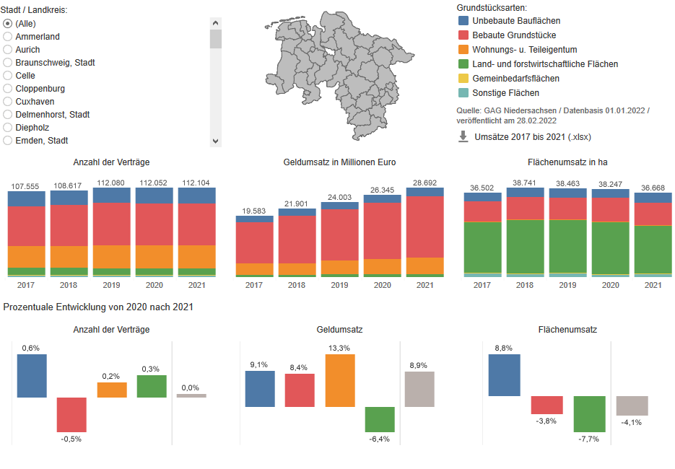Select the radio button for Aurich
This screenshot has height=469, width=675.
point(8,50)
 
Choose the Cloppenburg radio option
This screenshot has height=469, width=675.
point(8,89)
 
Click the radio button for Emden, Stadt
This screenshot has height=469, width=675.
point(8,141)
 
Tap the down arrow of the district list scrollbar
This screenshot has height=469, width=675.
point(215,141)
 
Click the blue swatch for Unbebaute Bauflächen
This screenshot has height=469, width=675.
point(463,21)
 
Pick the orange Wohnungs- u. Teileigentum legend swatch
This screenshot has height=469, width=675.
point(463,50)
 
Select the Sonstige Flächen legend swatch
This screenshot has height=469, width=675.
point(463,93)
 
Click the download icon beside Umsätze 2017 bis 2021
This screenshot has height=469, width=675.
point(463,136)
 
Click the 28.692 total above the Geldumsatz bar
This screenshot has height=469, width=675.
point(424,183)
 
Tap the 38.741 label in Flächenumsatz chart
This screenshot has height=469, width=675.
point(524,183)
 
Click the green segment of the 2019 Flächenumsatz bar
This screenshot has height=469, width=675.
point(567,245)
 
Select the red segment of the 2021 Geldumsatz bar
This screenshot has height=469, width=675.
point(424,227)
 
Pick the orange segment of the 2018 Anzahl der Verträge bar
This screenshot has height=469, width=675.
point(69,256)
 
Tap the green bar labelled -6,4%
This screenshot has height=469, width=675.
point(380,419)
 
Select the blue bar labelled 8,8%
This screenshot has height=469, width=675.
point(504,374)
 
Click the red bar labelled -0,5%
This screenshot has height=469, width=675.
point(71,414)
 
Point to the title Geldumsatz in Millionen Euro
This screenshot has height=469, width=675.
point(339,162)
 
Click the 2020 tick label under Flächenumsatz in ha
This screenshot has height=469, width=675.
point(610,285)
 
